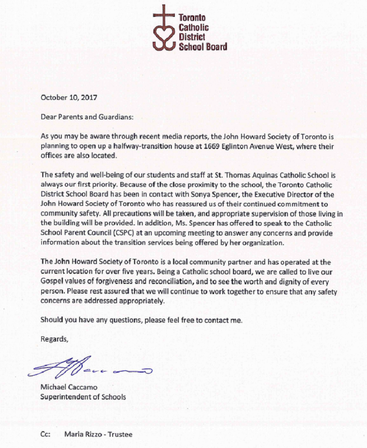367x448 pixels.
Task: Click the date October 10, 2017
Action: pos(69,97)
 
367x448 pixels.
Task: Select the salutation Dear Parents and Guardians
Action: pos(87,117)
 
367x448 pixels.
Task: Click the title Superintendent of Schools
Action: pos(83,397)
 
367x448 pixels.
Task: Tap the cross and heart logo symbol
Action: pos(164,31)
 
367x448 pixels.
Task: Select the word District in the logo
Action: pos(192,37)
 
